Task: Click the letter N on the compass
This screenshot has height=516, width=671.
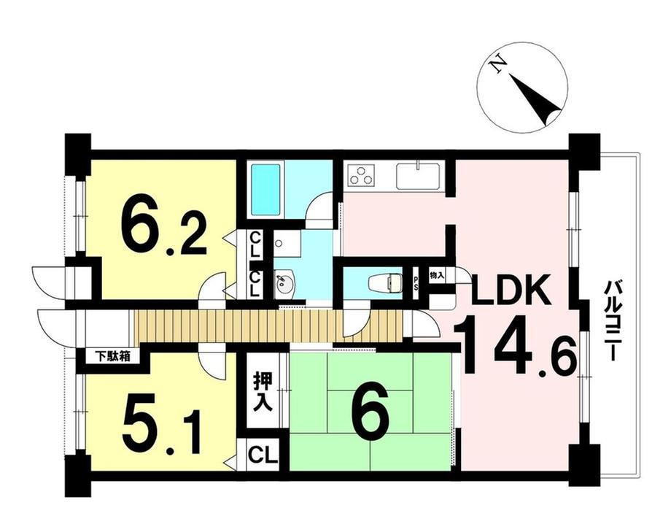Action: pos(499,66)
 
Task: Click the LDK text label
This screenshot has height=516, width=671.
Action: pos(509,293)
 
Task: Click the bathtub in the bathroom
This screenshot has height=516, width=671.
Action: pos(267,189)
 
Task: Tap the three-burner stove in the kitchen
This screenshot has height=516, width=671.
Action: pos(361,177)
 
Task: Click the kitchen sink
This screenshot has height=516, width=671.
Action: pos(418,176)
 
